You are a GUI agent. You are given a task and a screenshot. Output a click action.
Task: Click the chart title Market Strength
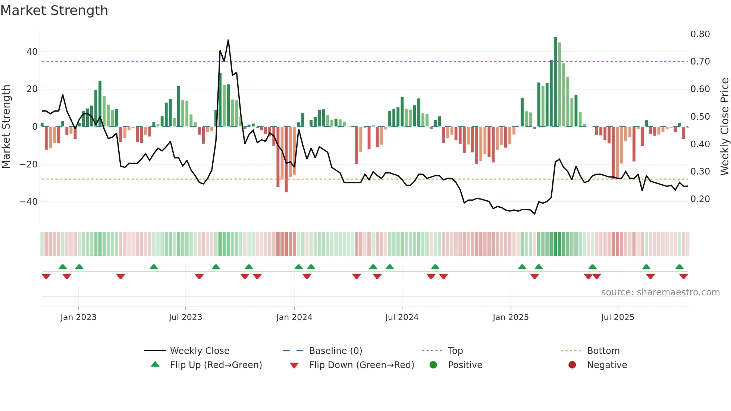[54, 10]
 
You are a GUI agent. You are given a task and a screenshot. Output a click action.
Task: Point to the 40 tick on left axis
[32, 52]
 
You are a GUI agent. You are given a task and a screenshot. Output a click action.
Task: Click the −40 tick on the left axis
[29, 202]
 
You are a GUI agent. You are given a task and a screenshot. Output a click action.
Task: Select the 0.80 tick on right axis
[700, 34]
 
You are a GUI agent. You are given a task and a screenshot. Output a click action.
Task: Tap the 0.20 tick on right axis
[700, 199]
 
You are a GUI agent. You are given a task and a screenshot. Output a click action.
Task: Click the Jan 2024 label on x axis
[294, 317]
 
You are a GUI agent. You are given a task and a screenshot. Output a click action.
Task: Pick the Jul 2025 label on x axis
[618, 317]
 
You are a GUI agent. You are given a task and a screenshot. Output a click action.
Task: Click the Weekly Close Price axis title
[724, 127]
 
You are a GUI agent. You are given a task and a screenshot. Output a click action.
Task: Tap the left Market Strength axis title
[6, 127]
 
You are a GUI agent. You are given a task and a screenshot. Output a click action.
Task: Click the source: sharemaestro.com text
[660, 292]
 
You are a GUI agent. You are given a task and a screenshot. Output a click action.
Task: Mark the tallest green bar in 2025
[555, 82]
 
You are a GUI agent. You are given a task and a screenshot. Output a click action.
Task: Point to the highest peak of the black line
[228, 40]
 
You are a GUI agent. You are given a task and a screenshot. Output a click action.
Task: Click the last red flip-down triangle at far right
[684, 276]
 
